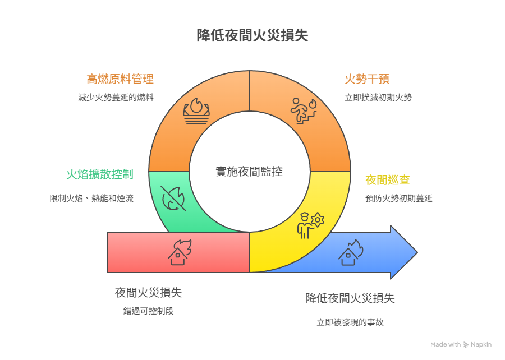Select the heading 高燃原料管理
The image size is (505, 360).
click(x=120, y=79)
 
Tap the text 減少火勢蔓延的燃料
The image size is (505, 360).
click(x=116, y=97)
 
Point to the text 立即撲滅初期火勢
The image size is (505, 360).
click(x=378, y=97)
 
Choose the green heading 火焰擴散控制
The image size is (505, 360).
click(x=100, y=174)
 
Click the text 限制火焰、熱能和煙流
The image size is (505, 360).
click(x=91, y=198)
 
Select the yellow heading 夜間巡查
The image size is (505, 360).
click(x=387, y=180)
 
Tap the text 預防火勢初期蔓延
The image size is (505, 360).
click(x=398, y=198)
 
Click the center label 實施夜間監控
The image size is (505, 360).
click(x=249, y=172)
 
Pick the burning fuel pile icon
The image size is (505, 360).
click(x=196, y=110)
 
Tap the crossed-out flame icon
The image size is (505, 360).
click(x=173, y=198)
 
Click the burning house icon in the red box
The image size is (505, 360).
click(x=180, y=252)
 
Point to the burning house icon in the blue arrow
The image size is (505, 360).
click(x=350, y=252)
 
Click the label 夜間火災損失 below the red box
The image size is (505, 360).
click(x=148, y=293)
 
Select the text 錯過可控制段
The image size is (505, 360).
click(x=148, y=311)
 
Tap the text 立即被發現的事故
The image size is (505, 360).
click(x=350, y=322)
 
